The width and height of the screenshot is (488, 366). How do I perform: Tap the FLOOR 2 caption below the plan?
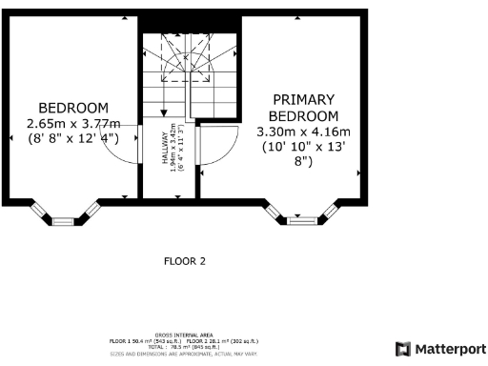185,260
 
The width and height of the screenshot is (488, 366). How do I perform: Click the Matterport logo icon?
402,348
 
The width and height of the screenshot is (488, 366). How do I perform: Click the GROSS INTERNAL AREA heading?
184,335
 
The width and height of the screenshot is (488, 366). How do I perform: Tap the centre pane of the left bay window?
63,221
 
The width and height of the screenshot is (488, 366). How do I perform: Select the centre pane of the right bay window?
306,221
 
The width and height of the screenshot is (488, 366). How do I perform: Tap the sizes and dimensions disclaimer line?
184,354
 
